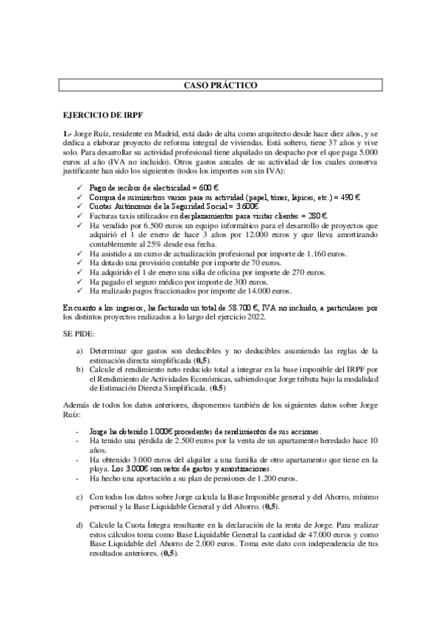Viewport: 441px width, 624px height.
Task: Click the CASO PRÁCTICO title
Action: click(220, 86)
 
